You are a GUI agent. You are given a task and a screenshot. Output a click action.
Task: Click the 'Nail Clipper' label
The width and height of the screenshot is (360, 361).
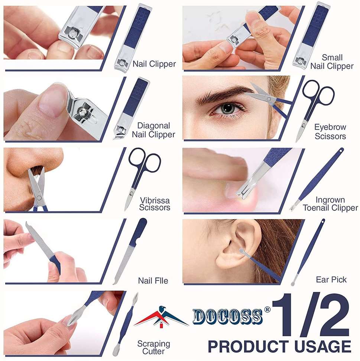point(154,64)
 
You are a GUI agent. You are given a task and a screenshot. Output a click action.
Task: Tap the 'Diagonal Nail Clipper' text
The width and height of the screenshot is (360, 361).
point(154,130)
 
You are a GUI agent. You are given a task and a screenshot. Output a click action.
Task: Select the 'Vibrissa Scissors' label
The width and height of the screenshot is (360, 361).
point(155,204)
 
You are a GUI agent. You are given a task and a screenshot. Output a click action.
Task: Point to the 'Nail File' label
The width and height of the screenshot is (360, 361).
point(153,281)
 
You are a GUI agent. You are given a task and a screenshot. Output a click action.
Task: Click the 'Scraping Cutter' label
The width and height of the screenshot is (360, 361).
point(154,347)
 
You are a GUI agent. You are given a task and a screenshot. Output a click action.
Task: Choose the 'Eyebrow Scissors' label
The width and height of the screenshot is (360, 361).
point(330,131)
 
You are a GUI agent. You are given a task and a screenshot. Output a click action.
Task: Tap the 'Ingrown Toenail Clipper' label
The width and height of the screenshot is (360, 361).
point(330,204)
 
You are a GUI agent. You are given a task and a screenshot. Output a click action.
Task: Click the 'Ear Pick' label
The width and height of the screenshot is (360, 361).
point(331,280)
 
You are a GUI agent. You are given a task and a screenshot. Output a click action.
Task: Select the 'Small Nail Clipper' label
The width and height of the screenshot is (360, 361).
point(332,62)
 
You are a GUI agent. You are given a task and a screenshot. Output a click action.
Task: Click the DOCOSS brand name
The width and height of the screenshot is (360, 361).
point(228,316)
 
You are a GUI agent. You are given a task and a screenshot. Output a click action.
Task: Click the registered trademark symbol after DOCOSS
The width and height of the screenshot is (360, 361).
point(267,310)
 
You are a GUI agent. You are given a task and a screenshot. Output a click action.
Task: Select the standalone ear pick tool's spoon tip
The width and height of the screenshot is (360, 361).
point(293,283)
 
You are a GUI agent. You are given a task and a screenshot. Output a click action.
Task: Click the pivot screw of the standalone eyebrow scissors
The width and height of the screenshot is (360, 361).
point(304,125)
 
